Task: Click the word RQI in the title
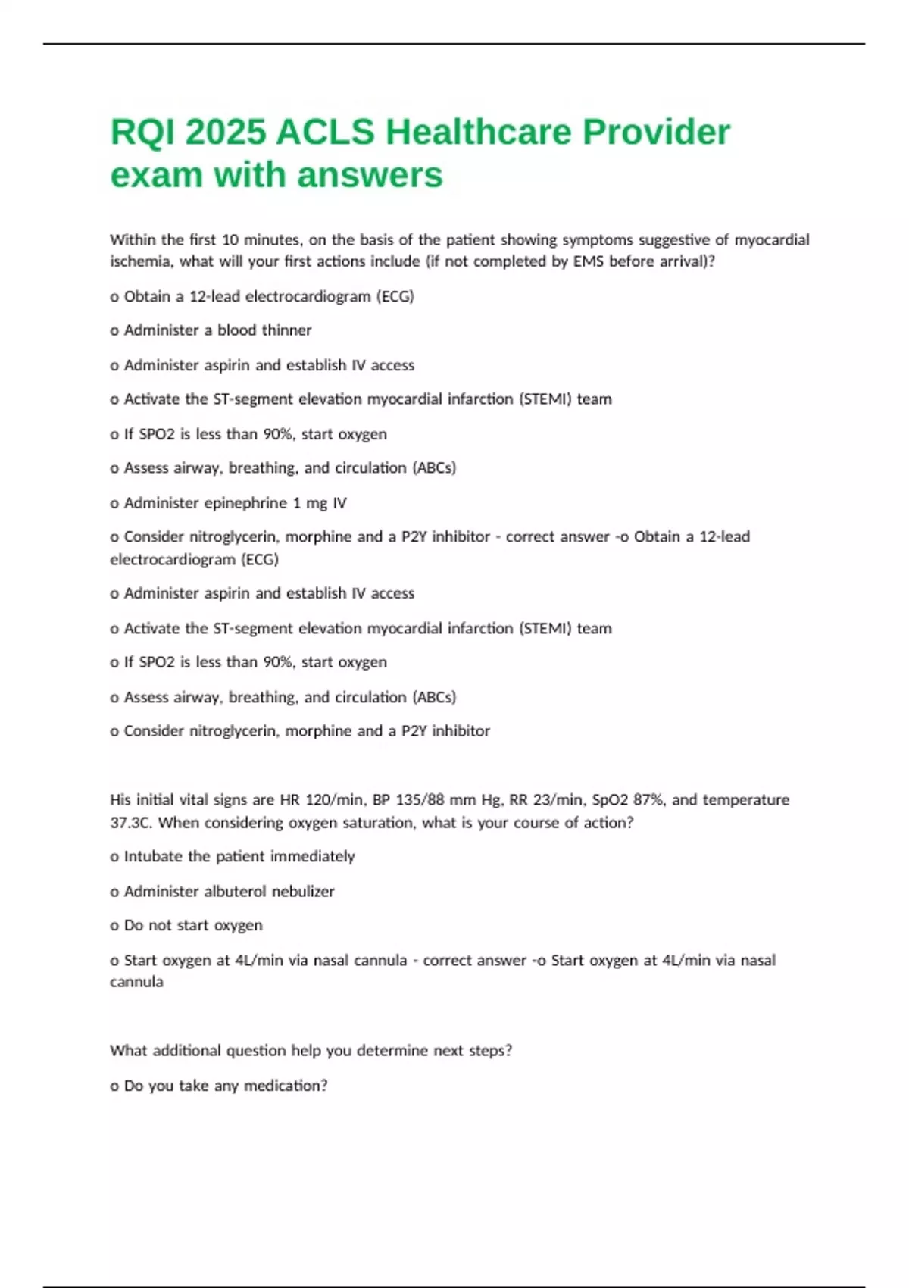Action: pyautogui.click(x=142, y=133)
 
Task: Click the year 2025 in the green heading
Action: pyautogui.click(x=226, y=133)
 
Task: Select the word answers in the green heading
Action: pyautogui.click(x=370, y=175)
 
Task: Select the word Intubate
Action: pyautogui.click(x=154, y=857)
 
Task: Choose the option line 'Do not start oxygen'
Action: pyautogui.click(x=192, y=926)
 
